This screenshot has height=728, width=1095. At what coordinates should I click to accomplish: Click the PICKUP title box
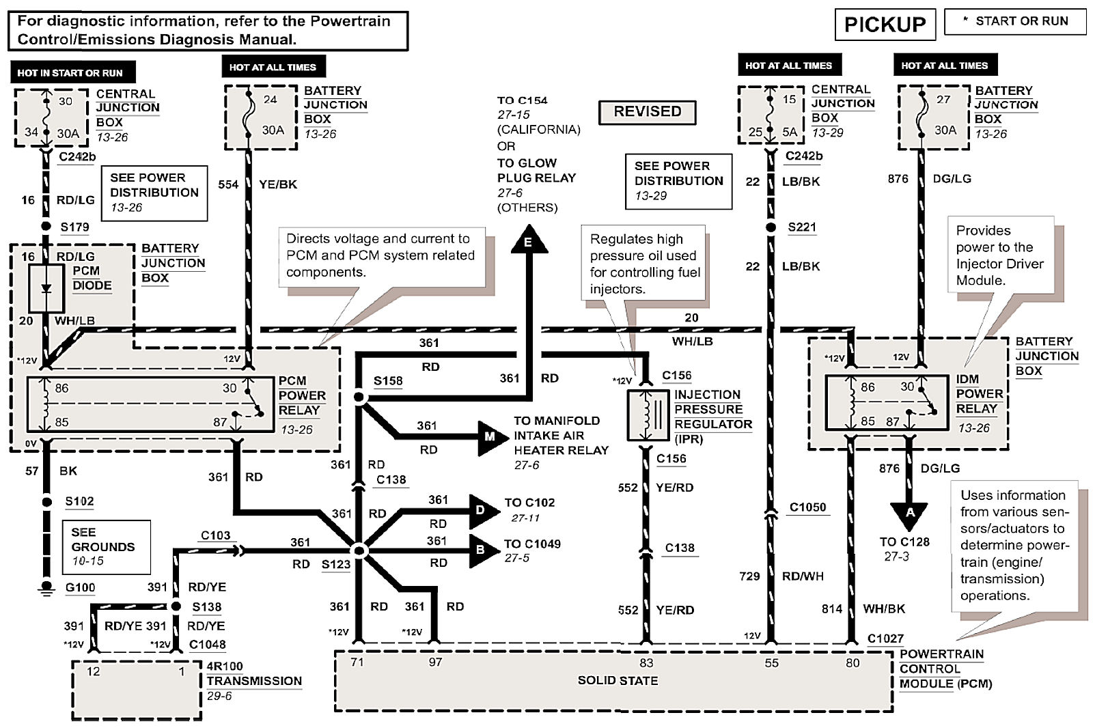point(885,25)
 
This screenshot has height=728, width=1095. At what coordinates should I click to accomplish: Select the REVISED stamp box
point(647,112)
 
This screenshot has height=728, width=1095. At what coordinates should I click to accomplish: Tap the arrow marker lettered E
point(528,242)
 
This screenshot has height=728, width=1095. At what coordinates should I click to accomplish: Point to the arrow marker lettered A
point(910,514)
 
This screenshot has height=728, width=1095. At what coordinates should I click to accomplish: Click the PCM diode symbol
point(46,288)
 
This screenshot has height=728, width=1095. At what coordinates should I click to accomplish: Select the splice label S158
point(388,381)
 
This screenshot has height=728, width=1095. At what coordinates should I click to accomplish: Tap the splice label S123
point(335,564)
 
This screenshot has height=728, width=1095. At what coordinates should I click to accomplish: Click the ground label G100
point(80,587)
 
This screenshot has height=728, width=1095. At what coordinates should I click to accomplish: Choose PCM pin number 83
point(646,662)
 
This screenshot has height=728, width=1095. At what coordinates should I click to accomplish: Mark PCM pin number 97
point(435,662)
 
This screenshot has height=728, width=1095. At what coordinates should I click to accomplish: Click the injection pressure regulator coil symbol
point(647,415)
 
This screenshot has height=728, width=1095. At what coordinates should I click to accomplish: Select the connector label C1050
point(807,507)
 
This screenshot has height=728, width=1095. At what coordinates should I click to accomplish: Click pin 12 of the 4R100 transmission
point(94,671)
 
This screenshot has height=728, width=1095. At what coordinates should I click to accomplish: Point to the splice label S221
point(802,227)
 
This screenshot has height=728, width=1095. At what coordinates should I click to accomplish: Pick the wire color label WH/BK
point(883,608)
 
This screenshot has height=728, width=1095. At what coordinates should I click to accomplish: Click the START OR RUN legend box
point(1014,22)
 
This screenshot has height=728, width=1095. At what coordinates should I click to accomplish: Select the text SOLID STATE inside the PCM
point(618,681)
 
